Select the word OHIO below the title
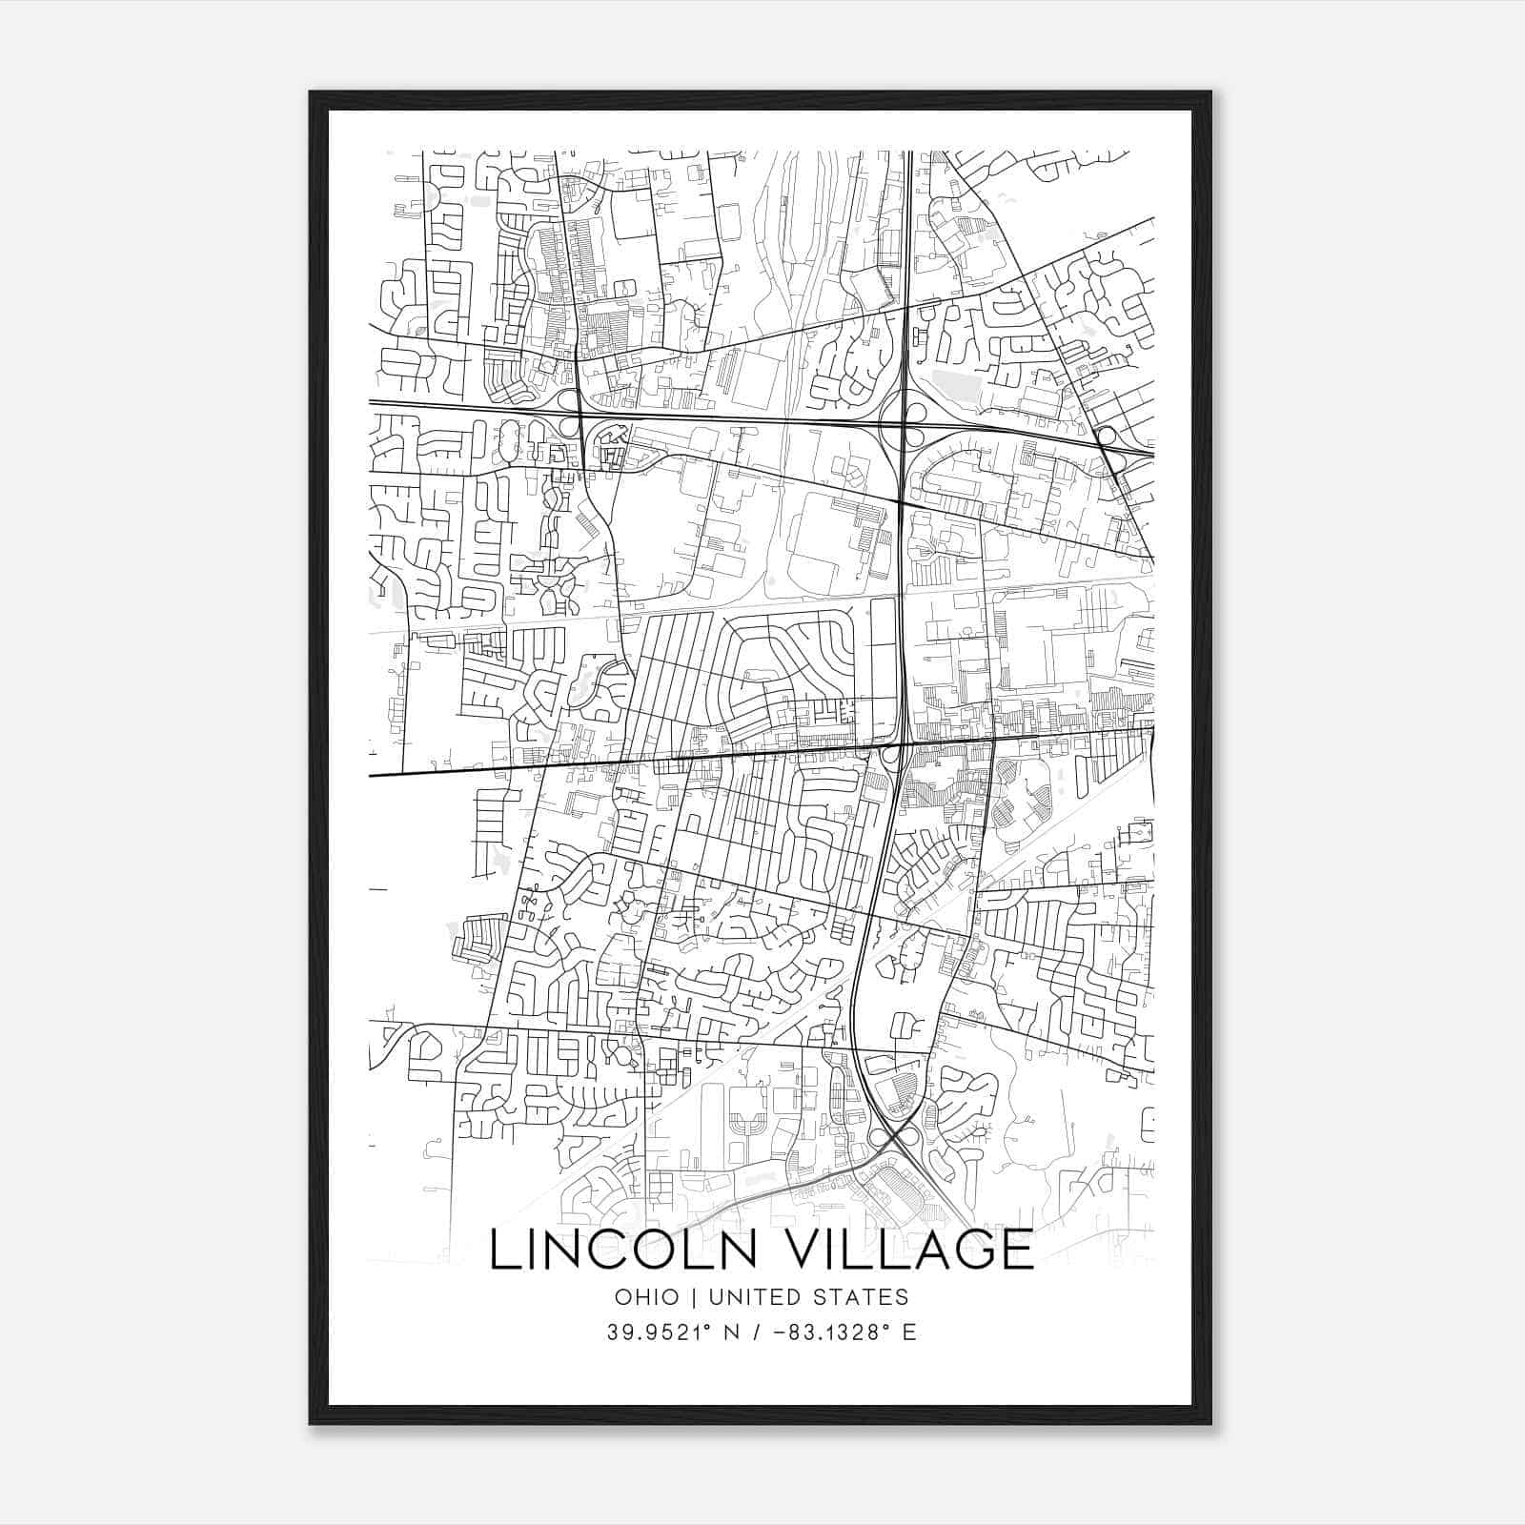(647, 1297)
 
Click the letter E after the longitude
(909, 1332)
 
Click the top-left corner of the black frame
(312, 93)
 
